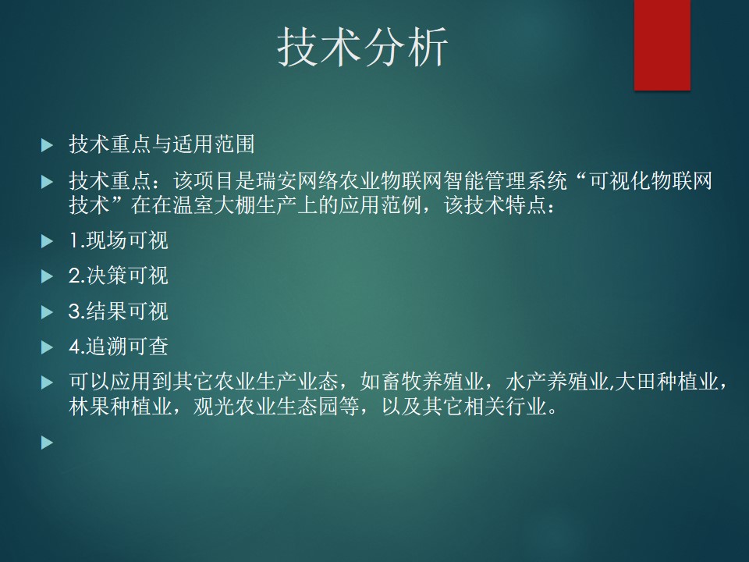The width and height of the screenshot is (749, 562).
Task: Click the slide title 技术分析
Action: pos(363,46)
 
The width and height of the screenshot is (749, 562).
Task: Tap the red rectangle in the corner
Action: pos(662,45)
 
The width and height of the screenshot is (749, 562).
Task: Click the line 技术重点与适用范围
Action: pos(162,144)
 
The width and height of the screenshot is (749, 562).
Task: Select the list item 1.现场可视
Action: pos(119,240)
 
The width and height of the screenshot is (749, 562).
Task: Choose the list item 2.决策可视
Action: pos(119,276)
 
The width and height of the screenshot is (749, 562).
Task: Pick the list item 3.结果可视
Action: pos(119,311)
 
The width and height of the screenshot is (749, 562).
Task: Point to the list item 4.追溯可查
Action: pos(119,347)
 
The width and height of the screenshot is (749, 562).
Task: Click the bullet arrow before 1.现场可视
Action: pos(48,241)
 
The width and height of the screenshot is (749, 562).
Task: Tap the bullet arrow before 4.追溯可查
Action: pos(48,347)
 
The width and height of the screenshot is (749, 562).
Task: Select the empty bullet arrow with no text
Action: pos(48,442)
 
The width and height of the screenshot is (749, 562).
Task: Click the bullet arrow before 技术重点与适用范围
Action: pos(48,145)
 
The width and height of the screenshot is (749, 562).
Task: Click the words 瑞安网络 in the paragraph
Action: pos(297,180)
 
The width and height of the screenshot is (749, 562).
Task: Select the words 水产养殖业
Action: pos(557,382)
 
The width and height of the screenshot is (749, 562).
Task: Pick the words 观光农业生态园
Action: pos(265,406)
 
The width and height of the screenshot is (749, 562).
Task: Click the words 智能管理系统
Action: pos(506,180)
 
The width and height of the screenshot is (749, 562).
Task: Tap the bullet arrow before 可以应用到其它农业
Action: pos(48,382)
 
